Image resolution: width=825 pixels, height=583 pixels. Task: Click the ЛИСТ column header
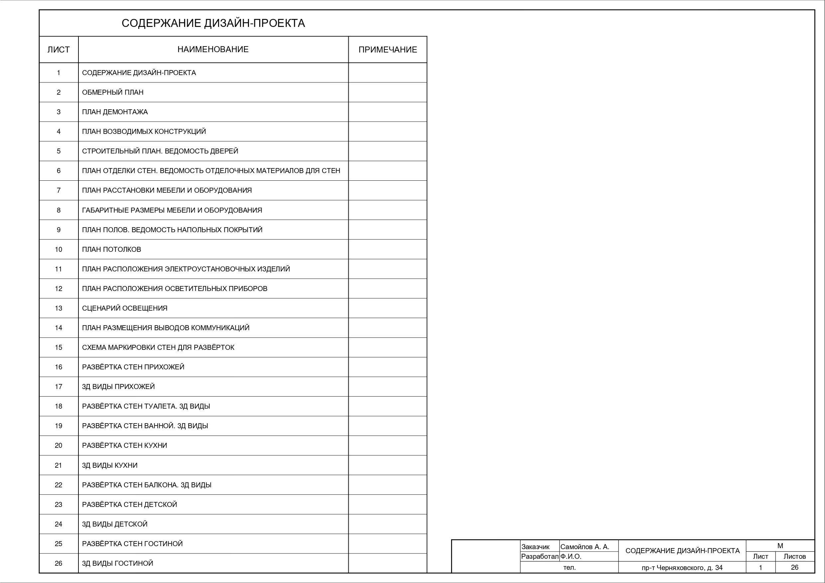tap(59, 49)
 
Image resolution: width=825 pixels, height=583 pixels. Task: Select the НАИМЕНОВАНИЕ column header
tap(213, 49)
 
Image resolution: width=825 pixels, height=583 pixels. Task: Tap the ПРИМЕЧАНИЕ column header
tap(387, 49)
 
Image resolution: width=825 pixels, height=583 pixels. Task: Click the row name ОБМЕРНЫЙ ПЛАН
tap(112, 92)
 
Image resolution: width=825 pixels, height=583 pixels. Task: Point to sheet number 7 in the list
tap(59, 190)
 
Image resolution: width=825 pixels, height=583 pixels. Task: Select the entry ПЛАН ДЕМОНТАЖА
tap(115, 112)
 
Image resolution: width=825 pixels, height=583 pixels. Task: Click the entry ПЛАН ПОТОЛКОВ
tap(111, 249)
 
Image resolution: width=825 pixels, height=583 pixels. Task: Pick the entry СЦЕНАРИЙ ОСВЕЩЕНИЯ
tap(124, 308)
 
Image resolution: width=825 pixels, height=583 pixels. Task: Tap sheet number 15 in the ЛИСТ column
tap(59, 347)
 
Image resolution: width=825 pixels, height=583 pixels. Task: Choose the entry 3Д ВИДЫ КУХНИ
tap(110, 465)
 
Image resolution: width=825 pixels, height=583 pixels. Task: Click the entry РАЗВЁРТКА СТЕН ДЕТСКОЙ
tap(129, 504)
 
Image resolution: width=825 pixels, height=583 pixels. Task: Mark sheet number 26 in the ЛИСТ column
tap(59, 563)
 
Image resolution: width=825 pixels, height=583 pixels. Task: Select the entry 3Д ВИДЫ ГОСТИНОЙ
tap(117, 563)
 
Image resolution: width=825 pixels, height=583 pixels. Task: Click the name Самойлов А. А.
tap(585, 547)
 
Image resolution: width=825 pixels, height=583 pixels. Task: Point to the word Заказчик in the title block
tap(535, 547)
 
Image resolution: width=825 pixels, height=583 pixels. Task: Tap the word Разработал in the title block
tap(539, 556)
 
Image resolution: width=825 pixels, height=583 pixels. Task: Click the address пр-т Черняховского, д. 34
tap(682, 568)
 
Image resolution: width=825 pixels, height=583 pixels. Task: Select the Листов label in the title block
tap(794, 556)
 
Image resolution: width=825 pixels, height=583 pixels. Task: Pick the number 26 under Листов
tap(794, 567)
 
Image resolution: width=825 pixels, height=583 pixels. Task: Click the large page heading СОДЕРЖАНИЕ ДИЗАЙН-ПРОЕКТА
tap(213, 23)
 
